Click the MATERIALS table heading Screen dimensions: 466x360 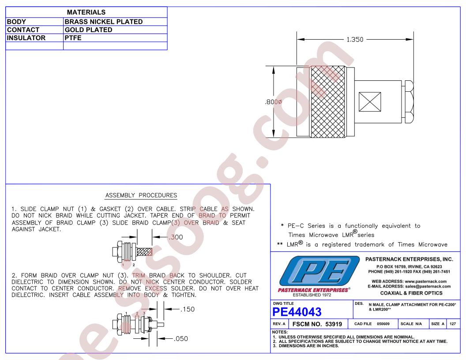point(86,12)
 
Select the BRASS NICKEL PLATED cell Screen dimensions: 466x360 point(104,22)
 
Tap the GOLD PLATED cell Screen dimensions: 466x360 point(89,30)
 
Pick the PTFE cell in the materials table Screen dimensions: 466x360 point(73,38)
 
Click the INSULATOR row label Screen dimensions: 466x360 point(26,38)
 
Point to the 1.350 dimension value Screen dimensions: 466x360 point(355,40)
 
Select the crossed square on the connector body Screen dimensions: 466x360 point(370,102)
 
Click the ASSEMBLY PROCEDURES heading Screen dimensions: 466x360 point(141,195)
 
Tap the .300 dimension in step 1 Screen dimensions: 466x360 point(176,237)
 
